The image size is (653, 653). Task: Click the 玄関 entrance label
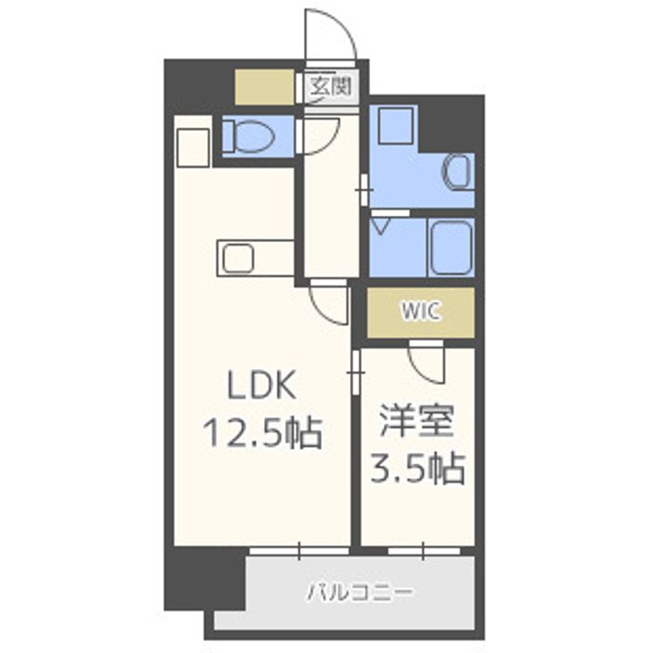[x=332, y=87]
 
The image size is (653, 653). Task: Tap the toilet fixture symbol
[x=253, y=136]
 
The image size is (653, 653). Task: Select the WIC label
[x=420, y=311]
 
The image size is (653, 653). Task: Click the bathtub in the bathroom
[x=451, y=248]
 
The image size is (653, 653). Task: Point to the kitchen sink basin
[x=239, y=258]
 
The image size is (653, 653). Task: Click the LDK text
[x=262, y=385]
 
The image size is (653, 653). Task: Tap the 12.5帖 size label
[x=262, y=434]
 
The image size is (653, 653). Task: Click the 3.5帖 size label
[x=417, y=469]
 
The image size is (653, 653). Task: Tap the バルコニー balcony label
[x=361, y=591]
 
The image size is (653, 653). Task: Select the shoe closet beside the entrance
[x=265, y=87]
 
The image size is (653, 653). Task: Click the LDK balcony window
[x=299, y=551]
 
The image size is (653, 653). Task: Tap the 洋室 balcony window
[x=424, y=551]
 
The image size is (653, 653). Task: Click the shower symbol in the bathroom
[x=381, y=227]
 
